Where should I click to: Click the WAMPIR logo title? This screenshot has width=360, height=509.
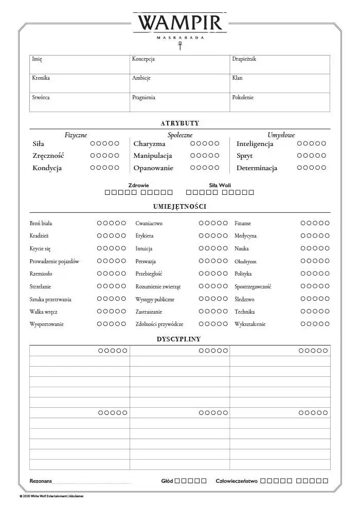179,23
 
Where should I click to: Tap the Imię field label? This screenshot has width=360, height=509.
37,59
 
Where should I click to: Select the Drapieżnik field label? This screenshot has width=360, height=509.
244,59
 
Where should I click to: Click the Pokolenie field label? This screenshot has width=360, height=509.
243,97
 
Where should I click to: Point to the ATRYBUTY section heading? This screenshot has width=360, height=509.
179,123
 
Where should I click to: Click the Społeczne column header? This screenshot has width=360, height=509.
180,135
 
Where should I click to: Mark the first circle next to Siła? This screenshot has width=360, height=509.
93,143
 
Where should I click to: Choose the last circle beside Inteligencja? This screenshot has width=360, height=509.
323,143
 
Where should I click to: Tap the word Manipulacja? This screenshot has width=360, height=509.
153,156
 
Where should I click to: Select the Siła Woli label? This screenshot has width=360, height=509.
220,185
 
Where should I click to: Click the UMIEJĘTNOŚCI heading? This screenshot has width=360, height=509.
179,207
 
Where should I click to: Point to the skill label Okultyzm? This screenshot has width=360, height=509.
245,261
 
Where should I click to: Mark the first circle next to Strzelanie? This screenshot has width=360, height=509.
100,286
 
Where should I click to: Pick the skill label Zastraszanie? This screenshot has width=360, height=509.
149,312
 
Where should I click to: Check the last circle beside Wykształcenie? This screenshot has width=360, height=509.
327,324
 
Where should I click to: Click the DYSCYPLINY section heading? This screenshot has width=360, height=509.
179,339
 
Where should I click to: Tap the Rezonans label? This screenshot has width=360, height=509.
41,481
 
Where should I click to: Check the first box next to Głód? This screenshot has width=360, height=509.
177,481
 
